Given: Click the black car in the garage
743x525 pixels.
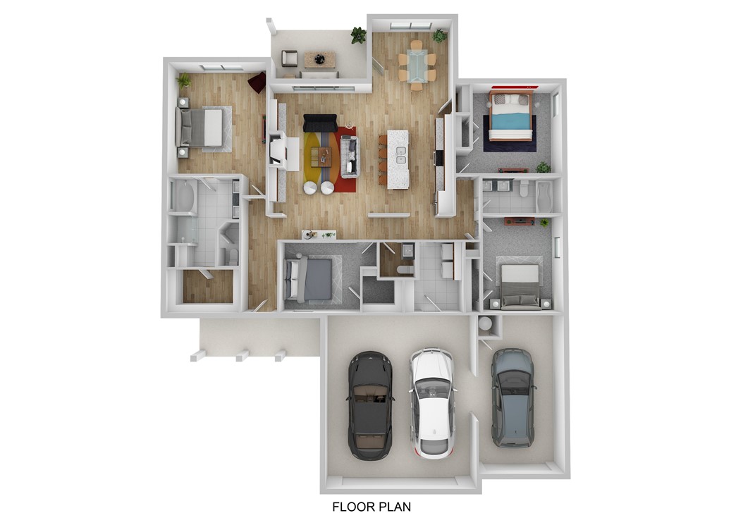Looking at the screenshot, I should click(x=370, y=404).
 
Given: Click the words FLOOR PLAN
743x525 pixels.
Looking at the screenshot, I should click(x=371, y=506).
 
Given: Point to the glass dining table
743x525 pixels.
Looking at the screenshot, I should click(x=417, y=66).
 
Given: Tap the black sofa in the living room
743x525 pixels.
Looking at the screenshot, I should click(x=320, y=123).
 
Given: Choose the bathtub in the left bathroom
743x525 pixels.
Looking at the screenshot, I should click(x=183, y=197).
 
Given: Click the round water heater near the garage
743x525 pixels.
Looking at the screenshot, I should click(x=486, y=325).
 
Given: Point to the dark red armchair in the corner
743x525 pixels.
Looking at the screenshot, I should click(x=257, y=82).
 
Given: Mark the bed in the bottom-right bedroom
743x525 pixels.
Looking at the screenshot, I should click(x=520, y=283).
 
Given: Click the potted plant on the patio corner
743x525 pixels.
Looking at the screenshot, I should click(x=359, y=35).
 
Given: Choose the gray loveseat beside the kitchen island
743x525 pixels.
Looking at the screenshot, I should click(x=350, y=156).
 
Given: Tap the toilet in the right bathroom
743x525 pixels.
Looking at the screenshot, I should click(x=523, y=188).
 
